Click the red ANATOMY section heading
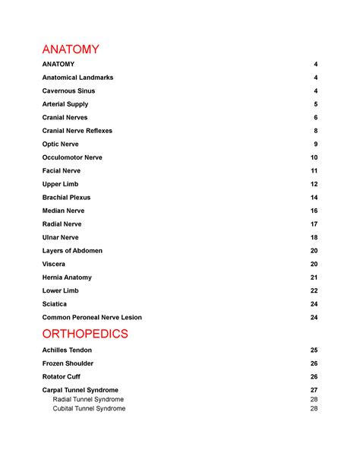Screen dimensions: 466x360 click(71, 49)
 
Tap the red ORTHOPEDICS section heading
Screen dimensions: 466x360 click(86, 334)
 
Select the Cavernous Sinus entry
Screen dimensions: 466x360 click(68, 91)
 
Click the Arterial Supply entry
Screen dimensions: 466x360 click(65, 104)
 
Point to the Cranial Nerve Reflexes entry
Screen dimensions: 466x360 click(77, 131)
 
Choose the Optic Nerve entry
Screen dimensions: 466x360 click(62, 144)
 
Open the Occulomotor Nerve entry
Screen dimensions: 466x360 click(72, 157)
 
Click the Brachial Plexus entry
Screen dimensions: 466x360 click(66, 198)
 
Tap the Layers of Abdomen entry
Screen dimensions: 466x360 click(72, 251)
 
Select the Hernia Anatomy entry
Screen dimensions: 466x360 click(67, 277)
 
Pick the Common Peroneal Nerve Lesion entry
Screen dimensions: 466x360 click(92, 317)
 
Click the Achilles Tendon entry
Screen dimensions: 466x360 click(67, 350)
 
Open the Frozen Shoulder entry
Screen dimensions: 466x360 click(68, 363)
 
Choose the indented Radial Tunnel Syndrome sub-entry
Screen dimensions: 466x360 click(88, 399)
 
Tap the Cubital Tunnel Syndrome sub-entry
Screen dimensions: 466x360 click(89, 408)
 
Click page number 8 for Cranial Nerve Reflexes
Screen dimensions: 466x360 click(315, 131)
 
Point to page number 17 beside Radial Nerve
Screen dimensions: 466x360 click(314, 224)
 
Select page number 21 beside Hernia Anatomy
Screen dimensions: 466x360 click(314, 277)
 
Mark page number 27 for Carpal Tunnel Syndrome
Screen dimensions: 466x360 click(314, 390)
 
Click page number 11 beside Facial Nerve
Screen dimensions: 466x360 click(314, 171)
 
